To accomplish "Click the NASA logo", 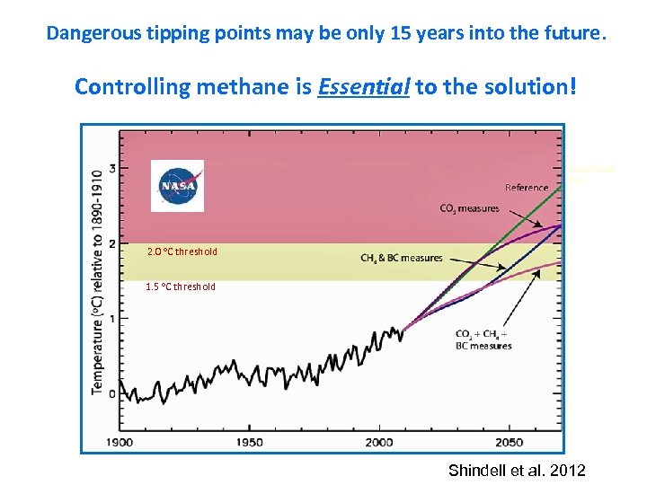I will coord(177,186).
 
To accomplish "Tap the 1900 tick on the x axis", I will coord(120,442).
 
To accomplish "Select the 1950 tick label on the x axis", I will coord(250,442).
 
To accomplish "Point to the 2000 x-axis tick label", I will coord(379,442).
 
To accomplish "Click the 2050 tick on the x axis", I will coord(509,442).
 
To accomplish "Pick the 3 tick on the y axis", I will coord(112,168).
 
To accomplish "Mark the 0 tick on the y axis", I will coord(112,393).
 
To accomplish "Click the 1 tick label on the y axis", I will coord(112,319).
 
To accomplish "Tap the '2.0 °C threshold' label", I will coord(182,252).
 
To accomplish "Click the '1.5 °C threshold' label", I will coord(181,287).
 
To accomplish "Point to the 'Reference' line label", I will coord(527,188).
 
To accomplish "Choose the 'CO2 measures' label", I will coord(469,209).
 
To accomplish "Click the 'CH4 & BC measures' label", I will coord(402,259).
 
